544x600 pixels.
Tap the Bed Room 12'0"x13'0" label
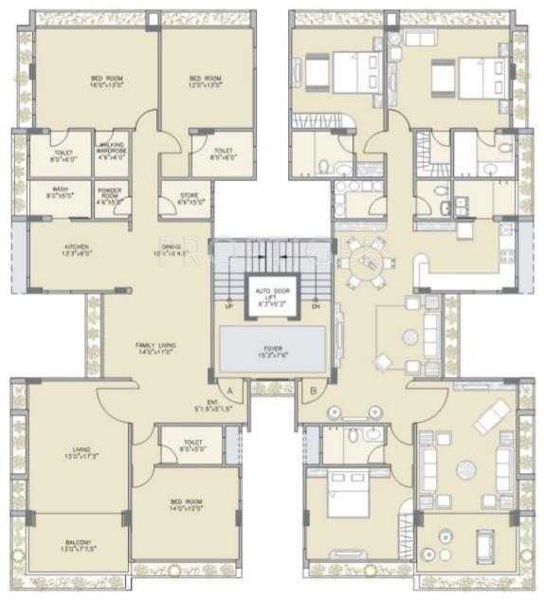point(205,82)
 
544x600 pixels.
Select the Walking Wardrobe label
point(112,151)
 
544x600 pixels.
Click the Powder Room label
point(112,197)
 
